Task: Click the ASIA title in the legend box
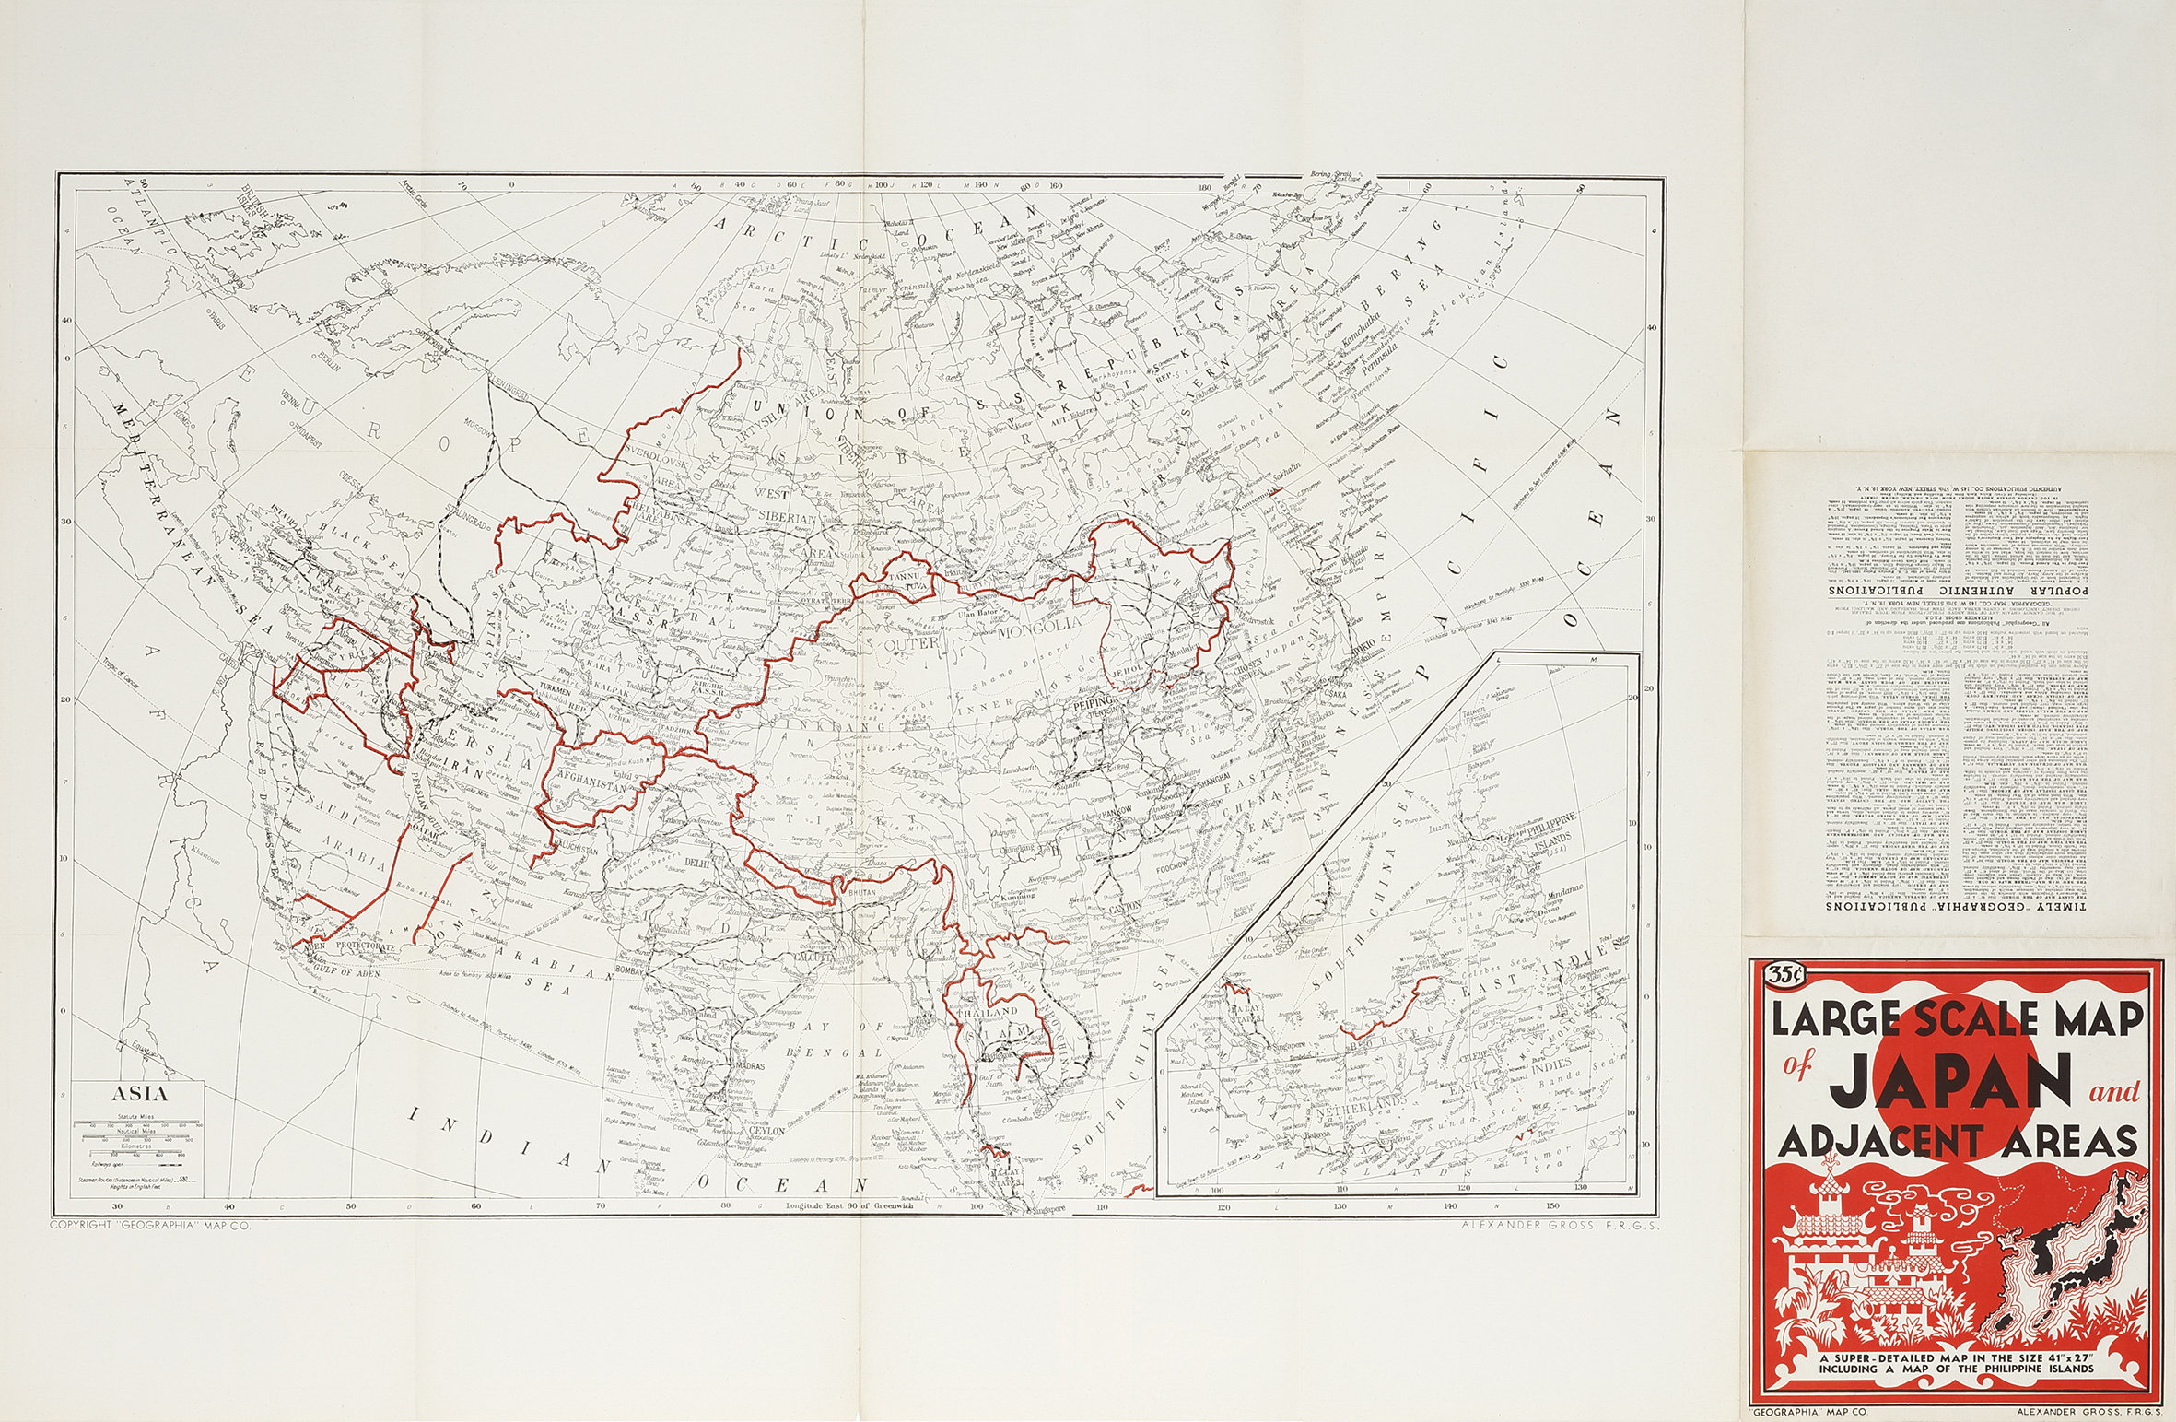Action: pos(140,1096)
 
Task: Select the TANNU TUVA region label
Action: pos(905,579)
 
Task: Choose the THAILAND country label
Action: pos(987,1012)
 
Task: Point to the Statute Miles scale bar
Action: pos(140,1124)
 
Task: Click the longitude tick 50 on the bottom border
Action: pos(351,1205)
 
